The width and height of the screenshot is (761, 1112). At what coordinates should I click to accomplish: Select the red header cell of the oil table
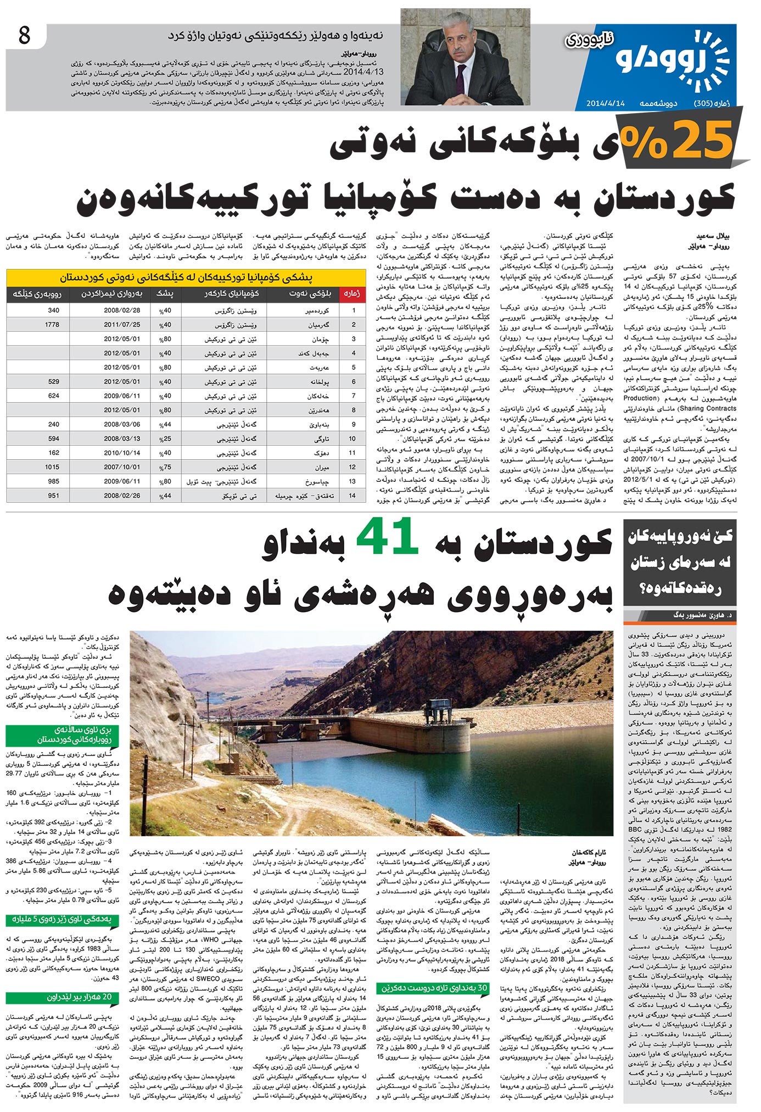[x=352, y=294]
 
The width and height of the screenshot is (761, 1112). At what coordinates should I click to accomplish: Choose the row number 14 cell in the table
[x=353, y=496]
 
